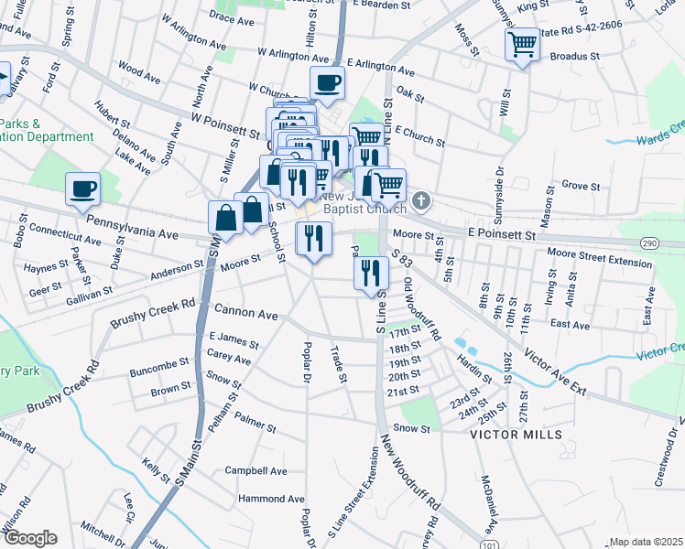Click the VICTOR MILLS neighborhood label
pyautogui.click(x=513, y=435)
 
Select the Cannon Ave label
pyautogui.click(x=245, y=314)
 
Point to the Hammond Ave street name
pyautogui.click(x=270, y=499)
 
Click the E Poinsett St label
pyautogui.click(x=500, y=235)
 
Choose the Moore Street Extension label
pyautogui.click(x=599, y=256)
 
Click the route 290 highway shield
pyautogui.click(x=675, y=242)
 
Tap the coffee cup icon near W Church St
pyautogui.click(x=327, y=83)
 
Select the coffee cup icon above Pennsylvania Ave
pyautogui.click(x=82, y=188)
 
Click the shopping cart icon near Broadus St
pyautogui.click(x=522, y=43)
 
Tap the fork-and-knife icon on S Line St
pyautogui.click(x=371, y=272)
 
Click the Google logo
pyautogui.click(x=29, y=538)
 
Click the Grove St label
pyautogui.click(x=580, y=186)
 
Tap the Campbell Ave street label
pyautogui.click(x=256, y=471)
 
